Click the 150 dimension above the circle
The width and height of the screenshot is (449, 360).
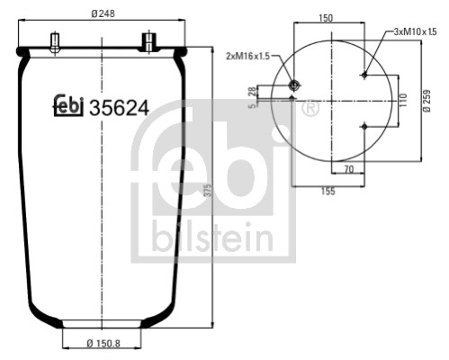coord(327,18)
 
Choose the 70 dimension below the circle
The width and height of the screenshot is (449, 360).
coord(346,168)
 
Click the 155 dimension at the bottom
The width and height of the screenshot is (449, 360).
coord(328,190)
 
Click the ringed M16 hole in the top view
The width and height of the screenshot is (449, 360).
coord(293,85)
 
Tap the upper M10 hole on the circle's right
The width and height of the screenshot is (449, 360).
coord(364,76)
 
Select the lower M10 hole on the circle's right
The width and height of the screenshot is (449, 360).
coord(364,127)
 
